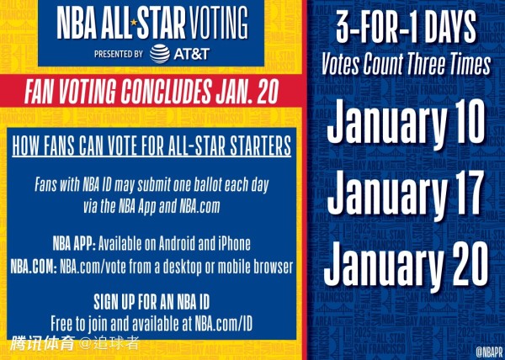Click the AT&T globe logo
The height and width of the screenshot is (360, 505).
(160, 54)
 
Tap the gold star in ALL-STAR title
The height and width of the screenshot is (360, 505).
(134, 22)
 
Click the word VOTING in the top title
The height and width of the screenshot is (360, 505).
(219, 22)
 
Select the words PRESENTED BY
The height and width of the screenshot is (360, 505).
(119, 54)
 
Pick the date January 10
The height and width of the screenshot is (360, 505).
(406, 123)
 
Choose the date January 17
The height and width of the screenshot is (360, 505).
(406, 194)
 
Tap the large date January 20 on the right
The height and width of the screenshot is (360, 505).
(406, 267)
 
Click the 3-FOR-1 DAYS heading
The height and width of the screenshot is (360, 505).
(406, 27)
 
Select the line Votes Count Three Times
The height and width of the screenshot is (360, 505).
(406, 64)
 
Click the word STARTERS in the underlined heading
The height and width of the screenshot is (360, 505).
(260, 146)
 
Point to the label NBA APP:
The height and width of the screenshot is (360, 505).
(74, 244)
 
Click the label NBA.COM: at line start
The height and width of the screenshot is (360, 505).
(34, 267)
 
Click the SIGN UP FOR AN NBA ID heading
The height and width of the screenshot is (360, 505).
(151, 302)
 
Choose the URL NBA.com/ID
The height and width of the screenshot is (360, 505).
(223, 324)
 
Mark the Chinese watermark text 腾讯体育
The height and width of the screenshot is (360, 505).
(43, 343)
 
